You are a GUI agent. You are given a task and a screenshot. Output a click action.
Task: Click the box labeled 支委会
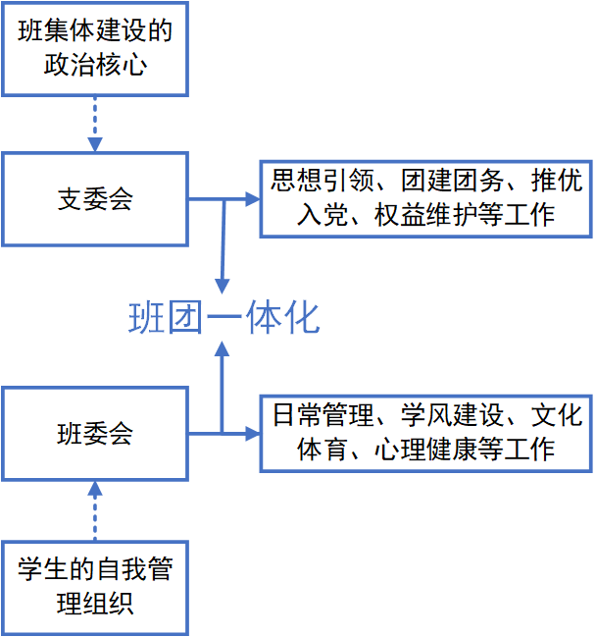click(95, 198)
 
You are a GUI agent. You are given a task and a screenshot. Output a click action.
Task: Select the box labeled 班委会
click(95, 433)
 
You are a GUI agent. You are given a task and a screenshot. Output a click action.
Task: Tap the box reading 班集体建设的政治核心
click(95, 47)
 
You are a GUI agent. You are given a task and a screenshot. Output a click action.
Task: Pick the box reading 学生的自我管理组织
click(95, 586)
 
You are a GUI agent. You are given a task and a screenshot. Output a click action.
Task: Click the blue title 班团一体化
click(224, 318)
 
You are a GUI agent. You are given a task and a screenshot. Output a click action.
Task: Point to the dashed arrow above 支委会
click(95, 123)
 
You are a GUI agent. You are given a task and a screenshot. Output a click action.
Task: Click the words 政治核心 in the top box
click(95, 65)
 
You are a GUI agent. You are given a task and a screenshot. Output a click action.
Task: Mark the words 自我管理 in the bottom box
click(121, 569)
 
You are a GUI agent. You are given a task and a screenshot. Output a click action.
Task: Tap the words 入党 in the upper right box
click(320, 215)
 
